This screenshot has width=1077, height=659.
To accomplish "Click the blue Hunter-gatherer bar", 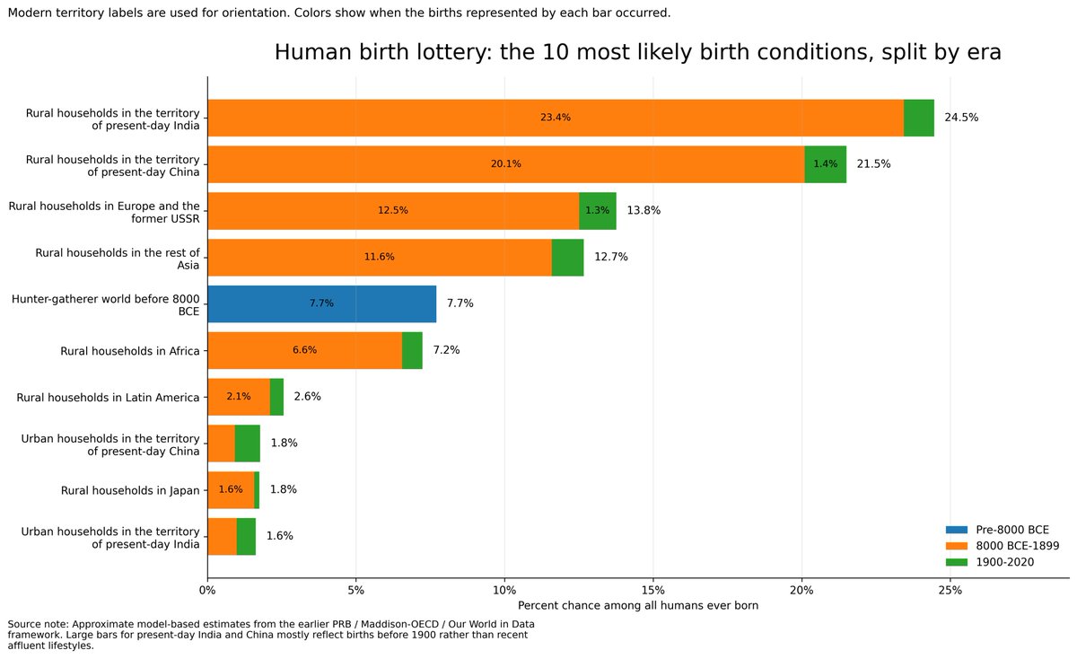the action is click(322, 303).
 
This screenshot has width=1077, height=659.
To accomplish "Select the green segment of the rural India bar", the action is click(919, 118).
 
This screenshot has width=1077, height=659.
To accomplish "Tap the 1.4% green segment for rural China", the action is click(826, 164).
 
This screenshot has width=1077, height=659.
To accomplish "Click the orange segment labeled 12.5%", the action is click(393, 211).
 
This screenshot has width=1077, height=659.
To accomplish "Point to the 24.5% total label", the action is click(961, 118).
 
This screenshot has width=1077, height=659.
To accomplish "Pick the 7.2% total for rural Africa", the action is click(446, 350).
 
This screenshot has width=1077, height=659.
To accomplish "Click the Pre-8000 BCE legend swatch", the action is click(957, 530).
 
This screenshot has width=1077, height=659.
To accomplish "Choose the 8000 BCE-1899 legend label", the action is click(1018, 546).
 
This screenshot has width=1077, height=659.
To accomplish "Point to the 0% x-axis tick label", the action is click(207, 590).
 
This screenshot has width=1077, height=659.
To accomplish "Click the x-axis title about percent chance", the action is click(638, 606).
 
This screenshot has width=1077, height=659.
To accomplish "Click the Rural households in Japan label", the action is click(130, 490).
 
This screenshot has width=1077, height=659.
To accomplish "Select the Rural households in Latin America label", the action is click(108, 398).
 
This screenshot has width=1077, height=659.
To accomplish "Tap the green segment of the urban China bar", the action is click(248, 444).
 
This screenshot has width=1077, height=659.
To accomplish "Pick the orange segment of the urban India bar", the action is click(223, 537).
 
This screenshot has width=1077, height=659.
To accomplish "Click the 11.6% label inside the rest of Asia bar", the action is click(380, 257).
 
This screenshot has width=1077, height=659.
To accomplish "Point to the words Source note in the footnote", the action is click(39, 624).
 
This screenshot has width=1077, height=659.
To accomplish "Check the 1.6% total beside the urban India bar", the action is click(280, 536).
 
